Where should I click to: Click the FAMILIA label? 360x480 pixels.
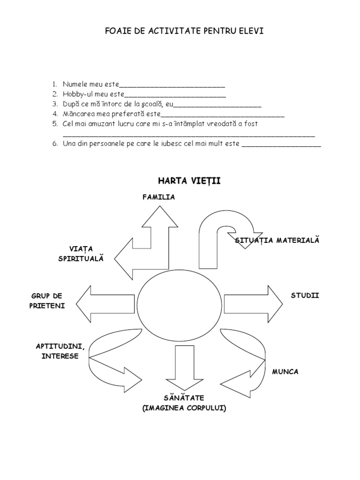[159, 197]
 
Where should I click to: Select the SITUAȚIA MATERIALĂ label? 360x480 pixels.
[277, 240]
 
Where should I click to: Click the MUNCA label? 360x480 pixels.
[285, 372]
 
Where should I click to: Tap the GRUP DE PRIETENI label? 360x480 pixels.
[47, 300]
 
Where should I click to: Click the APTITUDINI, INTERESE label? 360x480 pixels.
[60, 351]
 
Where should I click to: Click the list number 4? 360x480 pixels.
[54, 114]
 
